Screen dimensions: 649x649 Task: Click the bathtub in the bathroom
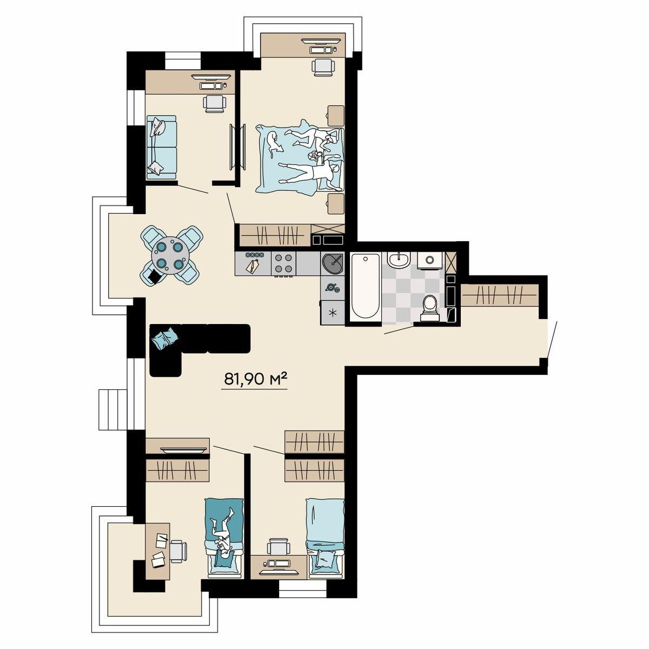point(366,286)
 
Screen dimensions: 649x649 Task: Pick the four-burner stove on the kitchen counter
point(283,264)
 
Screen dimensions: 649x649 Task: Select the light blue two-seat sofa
point(161,148)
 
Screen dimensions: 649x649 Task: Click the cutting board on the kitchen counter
point(253,266)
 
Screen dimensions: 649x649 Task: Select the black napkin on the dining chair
point(155,277)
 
